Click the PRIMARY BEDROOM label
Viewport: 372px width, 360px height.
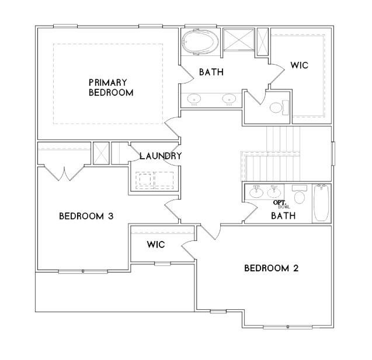click(x=111, y=87)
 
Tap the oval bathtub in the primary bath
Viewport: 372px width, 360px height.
click(x=200, y=43)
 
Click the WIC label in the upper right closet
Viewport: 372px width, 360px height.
click(x=299, y=65)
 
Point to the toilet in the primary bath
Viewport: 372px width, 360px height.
click(x=279, y=107)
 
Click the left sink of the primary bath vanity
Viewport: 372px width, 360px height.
click(x=194, y=99)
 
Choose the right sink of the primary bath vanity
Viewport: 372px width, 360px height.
click(x=228, y=99)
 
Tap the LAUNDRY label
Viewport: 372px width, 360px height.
click(x=161, y=156)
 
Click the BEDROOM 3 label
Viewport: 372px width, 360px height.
click(x=86, y=216)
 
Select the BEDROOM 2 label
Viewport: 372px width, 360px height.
click(x=271, y=268)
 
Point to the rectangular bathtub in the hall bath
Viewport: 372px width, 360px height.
click(x=322, y=203)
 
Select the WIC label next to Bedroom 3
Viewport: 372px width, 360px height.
click(x=155, y=244)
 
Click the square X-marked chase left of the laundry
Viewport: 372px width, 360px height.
click(x=100, y=154)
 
